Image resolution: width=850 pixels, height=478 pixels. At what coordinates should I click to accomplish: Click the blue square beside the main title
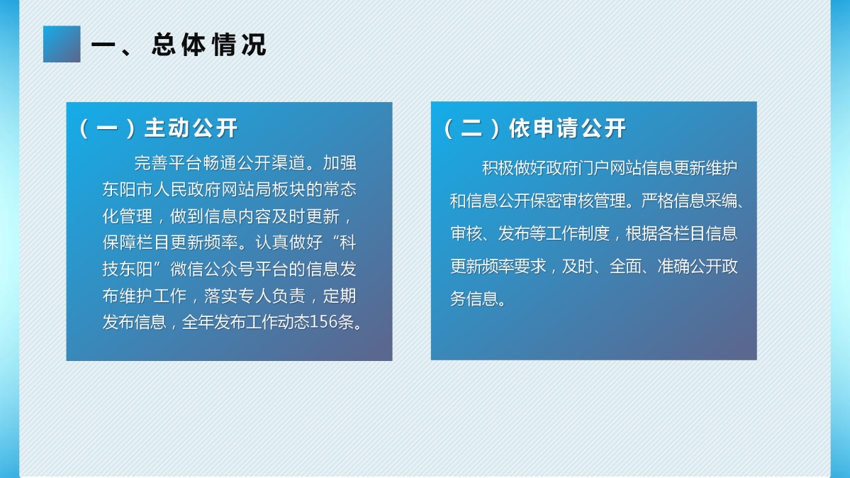(62, 44)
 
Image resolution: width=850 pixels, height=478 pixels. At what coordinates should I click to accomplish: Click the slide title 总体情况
(209, 45)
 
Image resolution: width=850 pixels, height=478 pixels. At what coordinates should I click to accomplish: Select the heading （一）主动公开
(158, 128)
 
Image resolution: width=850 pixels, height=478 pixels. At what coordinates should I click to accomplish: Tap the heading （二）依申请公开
(535, 128)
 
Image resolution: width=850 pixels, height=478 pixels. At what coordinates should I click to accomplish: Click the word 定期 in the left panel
(340, 296)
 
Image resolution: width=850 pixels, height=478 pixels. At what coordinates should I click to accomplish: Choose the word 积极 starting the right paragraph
(498, 168)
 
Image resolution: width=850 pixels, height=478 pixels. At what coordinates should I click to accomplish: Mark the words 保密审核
(561, 201)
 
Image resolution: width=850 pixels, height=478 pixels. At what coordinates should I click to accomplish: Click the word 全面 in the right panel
(625, 266)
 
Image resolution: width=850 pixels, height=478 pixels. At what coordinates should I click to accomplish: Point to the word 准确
(673, 266)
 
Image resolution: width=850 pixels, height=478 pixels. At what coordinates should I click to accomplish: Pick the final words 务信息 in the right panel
(474, 299)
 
